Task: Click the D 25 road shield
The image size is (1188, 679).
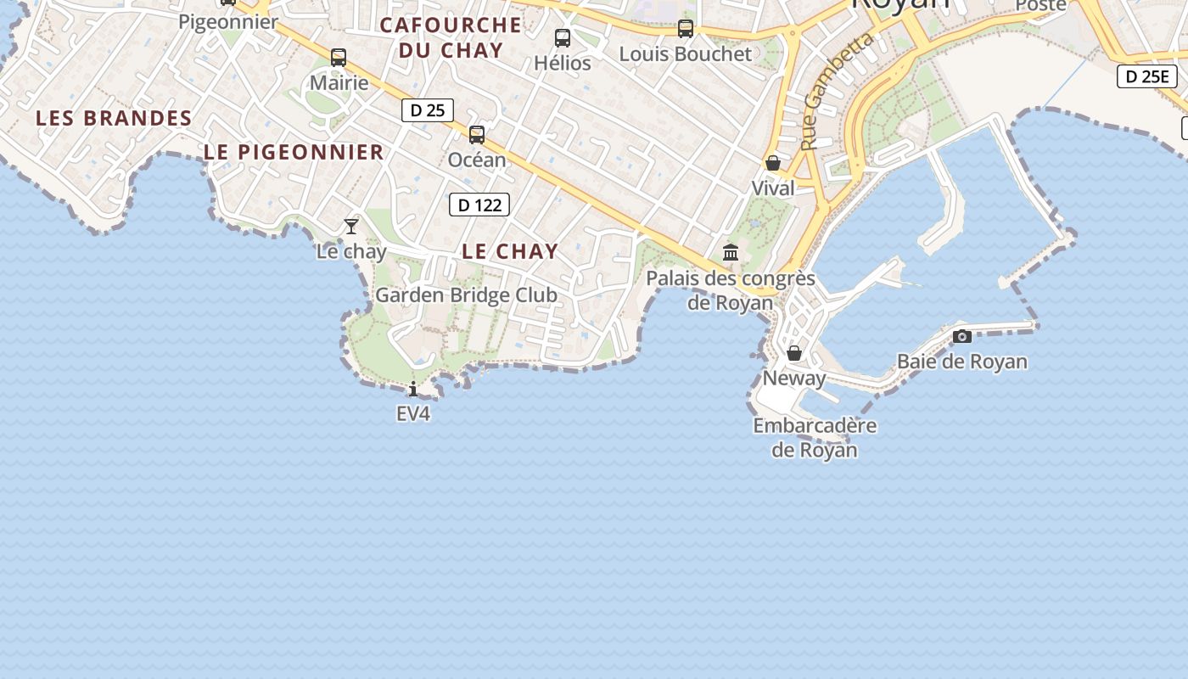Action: tap(428, 110)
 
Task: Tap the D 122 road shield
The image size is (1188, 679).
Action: tap(479, 205)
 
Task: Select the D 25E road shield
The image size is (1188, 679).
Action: tap(1147, 76)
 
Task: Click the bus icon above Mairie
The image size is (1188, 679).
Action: tap(339, 58)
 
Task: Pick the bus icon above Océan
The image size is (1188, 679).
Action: tap(477, 134)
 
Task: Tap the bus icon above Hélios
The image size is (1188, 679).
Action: tap(563, 37)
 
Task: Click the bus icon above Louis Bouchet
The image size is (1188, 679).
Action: tap(686, 29)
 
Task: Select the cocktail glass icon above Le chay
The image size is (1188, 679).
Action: tap(351, 226)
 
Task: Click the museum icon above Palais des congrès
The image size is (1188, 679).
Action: tap(731, 252)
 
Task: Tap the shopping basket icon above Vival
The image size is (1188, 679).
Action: tap(773, 162)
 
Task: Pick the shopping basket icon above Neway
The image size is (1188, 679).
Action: tap(794, 352)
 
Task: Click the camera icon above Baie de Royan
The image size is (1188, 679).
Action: tap(961, 336)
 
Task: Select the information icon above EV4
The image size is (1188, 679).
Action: tap(413, 389)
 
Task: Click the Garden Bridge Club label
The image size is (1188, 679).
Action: tap(466, 295)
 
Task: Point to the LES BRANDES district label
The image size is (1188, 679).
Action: tap(114, 119)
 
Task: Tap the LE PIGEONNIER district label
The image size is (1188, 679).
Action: tap(294, 153)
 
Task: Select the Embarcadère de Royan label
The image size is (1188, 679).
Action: tap(815, 437)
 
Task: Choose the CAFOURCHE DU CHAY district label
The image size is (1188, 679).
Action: tap(451, 37)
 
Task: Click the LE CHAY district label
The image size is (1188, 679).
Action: tap(510, 251)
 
